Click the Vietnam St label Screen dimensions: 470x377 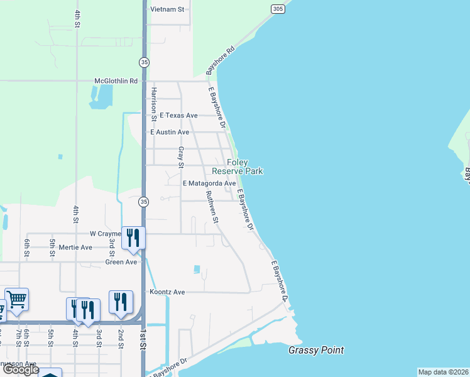pos(168,9)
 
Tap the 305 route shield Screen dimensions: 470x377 pos(278,8)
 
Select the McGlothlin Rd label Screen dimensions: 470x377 pos(116,81)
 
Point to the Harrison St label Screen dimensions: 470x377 pos(153,101)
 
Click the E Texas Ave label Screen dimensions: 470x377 pos(178,116)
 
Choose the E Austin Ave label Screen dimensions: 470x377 pos(169,133)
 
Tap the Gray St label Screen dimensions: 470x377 pos(180,157)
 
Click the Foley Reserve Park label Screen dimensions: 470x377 pos(237,167)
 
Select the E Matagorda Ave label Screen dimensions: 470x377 pos(209,183)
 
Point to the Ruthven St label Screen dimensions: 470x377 pos(212,208)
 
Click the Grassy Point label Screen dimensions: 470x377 pos(316,350)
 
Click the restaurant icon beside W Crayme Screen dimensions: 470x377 pos(133,237)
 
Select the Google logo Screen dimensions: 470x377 pos(21,369)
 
